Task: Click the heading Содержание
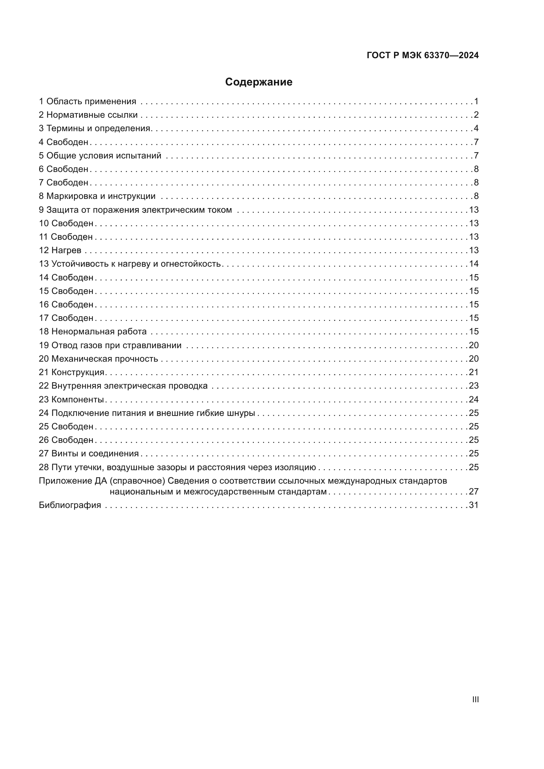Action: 258,82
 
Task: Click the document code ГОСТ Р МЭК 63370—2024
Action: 422,56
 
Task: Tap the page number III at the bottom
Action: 475,699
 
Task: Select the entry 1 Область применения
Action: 87,102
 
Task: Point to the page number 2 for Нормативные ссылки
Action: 476,115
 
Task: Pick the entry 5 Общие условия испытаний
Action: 100,156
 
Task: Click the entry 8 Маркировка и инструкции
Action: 97,196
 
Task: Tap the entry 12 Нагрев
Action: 60,251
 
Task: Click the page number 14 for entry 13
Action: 473,264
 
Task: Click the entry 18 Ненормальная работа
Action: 93,332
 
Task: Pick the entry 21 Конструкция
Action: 72,372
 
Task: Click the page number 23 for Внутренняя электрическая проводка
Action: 473,386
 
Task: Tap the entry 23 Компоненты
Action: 71,399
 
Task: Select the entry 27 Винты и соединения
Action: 89,453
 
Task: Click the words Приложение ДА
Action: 72,481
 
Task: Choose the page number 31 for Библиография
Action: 473,505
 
